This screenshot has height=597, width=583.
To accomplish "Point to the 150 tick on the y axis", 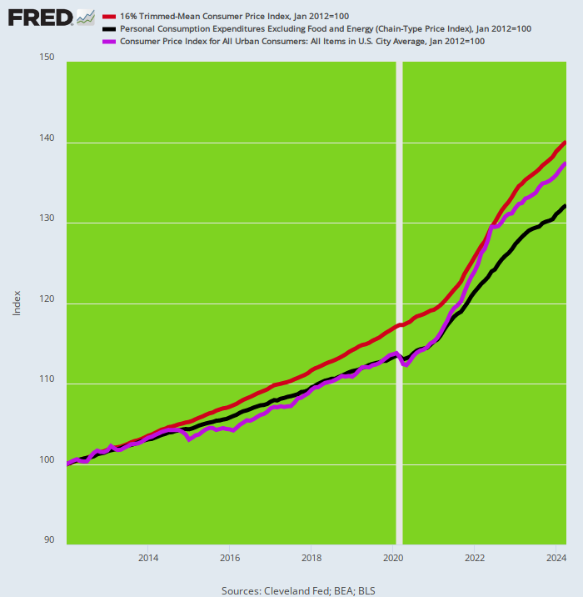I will [47, 58].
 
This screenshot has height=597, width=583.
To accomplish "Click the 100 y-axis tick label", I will [47, 461].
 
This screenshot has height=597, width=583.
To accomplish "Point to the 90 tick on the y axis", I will [48, 540].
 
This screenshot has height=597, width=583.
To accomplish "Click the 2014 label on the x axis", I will [148, 558].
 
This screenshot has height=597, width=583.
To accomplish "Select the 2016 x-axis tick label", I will [230, 558].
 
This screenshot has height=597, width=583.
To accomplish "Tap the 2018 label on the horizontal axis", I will [311, 558].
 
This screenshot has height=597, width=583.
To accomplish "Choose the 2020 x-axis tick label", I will [393, 558].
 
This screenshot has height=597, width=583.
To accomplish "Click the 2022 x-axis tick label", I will [475, 558].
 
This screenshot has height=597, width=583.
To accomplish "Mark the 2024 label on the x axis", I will [556, 558].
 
